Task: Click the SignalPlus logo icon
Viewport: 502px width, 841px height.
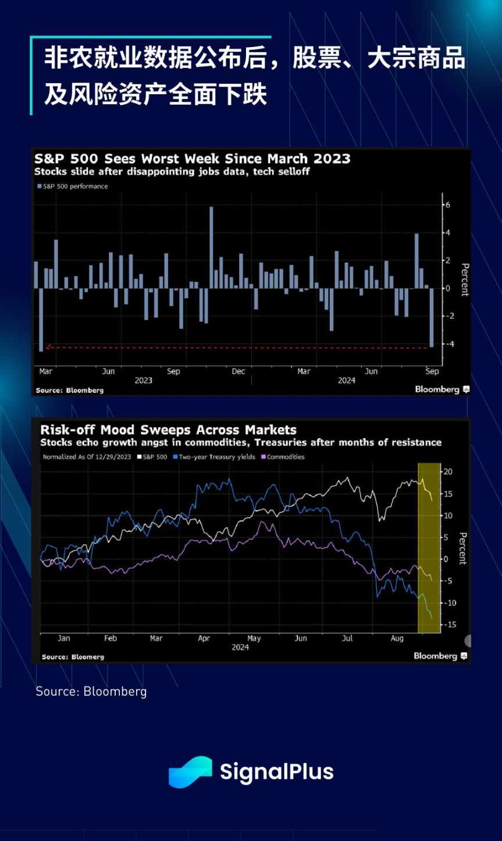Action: (190, 772)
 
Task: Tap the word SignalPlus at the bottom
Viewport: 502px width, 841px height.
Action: (276, 772)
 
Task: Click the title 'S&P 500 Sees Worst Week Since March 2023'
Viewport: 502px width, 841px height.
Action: (192, 159)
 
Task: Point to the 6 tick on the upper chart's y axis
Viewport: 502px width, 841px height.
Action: (448, 205)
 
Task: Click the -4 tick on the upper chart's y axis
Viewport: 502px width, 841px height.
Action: (448, 344)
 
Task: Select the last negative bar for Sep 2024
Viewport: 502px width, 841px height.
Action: (432, 317)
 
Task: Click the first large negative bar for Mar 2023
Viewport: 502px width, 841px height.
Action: (41, 319)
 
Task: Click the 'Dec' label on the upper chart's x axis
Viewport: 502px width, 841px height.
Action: (238, 371)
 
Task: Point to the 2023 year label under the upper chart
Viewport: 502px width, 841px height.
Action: (143, 381)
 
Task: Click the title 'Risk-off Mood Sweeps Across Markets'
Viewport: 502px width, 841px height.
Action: (168, 430)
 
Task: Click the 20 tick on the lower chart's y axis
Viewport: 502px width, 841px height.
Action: (448, 471)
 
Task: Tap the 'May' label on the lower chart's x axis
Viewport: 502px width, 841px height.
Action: (254, 638)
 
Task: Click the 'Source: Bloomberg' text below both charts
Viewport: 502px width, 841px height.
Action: (91, 691)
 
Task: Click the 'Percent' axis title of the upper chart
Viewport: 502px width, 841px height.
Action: (464, 280)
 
